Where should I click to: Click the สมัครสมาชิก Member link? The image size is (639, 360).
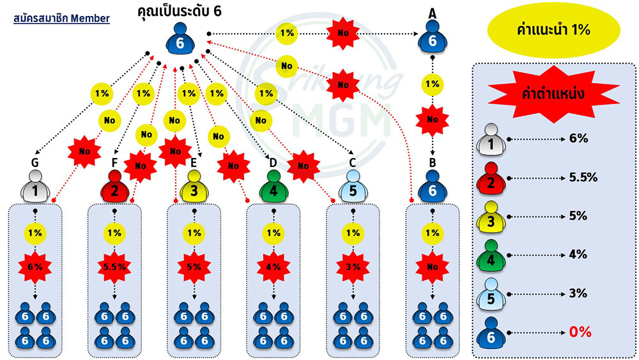point(61,19)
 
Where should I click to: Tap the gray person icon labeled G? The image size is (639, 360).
point(35,186)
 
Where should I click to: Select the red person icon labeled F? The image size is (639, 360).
point(114,186)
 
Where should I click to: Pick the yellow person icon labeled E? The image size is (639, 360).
point(194,186)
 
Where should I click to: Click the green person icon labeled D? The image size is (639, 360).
point(273,186)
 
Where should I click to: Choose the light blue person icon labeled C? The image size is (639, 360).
point(353,186)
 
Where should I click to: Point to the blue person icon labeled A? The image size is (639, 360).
point(433,36)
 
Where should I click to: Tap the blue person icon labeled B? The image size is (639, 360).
point(433,186)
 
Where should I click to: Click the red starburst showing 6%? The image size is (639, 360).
point(35,267)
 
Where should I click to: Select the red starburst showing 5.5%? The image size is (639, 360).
point(114,267)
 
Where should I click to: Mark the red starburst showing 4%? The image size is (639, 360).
point(273,267)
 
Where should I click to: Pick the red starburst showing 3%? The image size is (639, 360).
point(353,267)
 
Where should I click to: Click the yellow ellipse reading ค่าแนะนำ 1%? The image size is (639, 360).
point(554,30)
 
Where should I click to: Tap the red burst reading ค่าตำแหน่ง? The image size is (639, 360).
point(554,94)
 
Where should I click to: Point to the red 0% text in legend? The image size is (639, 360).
point(580,332)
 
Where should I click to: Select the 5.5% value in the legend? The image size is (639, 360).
point(583,177)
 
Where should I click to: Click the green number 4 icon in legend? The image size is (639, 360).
point(491,256)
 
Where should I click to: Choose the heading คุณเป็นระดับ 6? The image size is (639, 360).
point(180,11)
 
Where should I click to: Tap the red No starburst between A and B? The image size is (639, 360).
point(433,120)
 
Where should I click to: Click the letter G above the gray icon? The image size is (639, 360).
point(35,162)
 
